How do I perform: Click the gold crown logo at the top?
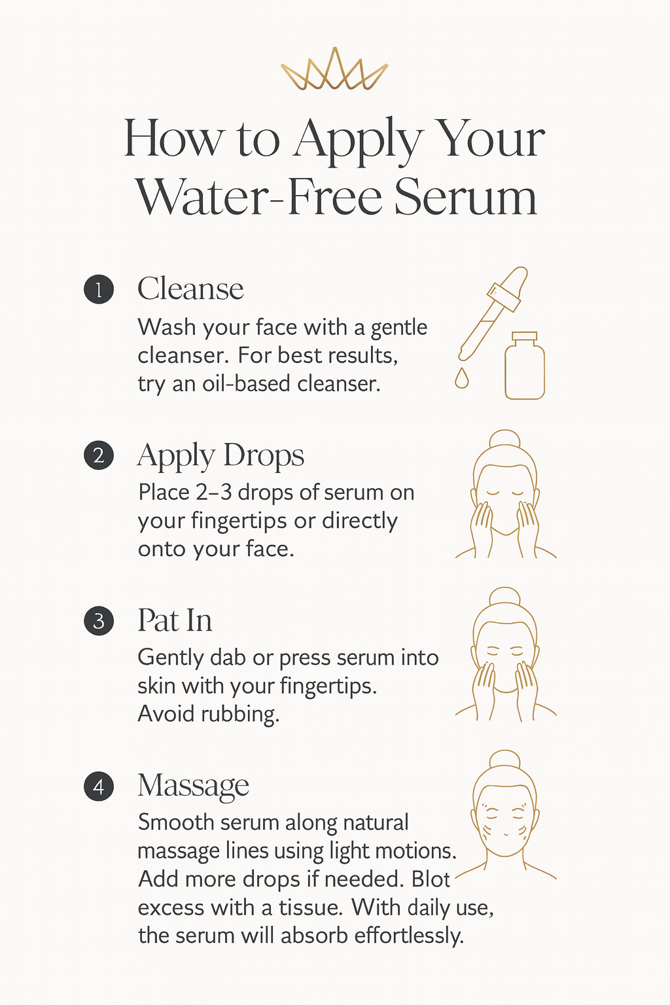tap(334, 69)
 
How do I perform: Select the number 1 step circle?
tap(99, 289)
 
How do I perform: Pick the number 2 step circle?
tap(99, 455)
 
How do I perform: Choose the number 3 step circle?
tap(99, 621)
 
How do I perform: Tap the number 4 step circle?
tap(99, 787)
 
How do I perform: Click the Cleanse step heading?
tap(190, 289)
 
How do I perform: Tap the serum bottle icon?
tap(525, 366)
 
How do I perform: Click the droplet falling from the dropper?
tap(462, 379)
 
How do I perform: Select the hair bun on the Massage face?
tap(505, 760)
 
